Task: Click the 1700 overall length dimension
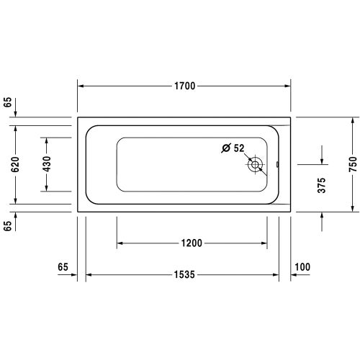pyautogui.click(x=184, y=86)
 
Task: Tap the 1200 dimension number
pyautogui.click(x=192, y=242)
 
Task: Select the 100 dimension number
pyautogui.click(x=302, y=267)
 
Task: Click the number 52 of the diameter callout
pyautogui.click(x=239, y=148)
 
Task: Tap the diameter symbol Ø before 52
pyautogui.click(x=226, y=148)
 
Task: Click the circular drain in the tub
pyautogui.click(x=256, y=165)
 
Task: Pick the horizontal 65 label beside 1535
pyautogui.click(x=63, y=267)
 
